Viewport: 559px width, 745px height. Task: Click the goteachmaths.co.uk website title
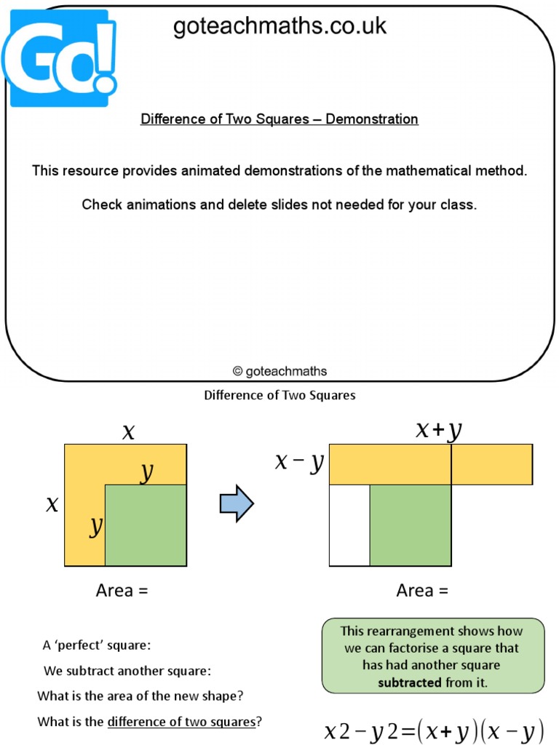(279, 27)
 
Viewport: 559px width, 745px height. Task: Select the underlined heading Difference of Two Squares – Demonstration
(279, 119)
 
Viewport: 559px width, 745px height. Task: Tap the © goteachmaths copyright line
(279, 371)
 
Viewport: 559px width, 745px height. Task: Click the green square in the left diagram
(146, 525)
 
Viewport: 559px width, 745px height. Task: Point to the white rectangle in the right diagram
(349, 525)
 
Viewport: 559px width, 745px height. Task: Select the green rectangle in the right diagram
(411, 525)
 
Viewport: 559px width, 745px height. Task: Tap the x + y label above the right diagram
(439, 431)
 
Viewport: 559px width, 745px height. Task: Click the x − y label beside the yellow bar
(298, 462)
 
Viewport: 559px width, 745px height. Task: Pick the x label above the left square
(129, 432)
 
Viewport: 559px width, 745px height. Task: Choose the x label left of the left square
(52, 504)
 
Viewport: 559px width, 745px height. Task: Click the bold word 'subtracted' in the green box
(410, 682)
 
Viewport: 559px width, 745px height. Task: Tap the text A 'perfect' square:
(97, 645)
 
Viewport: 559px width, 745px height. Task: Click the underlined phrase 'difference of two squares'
(181, 722)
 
